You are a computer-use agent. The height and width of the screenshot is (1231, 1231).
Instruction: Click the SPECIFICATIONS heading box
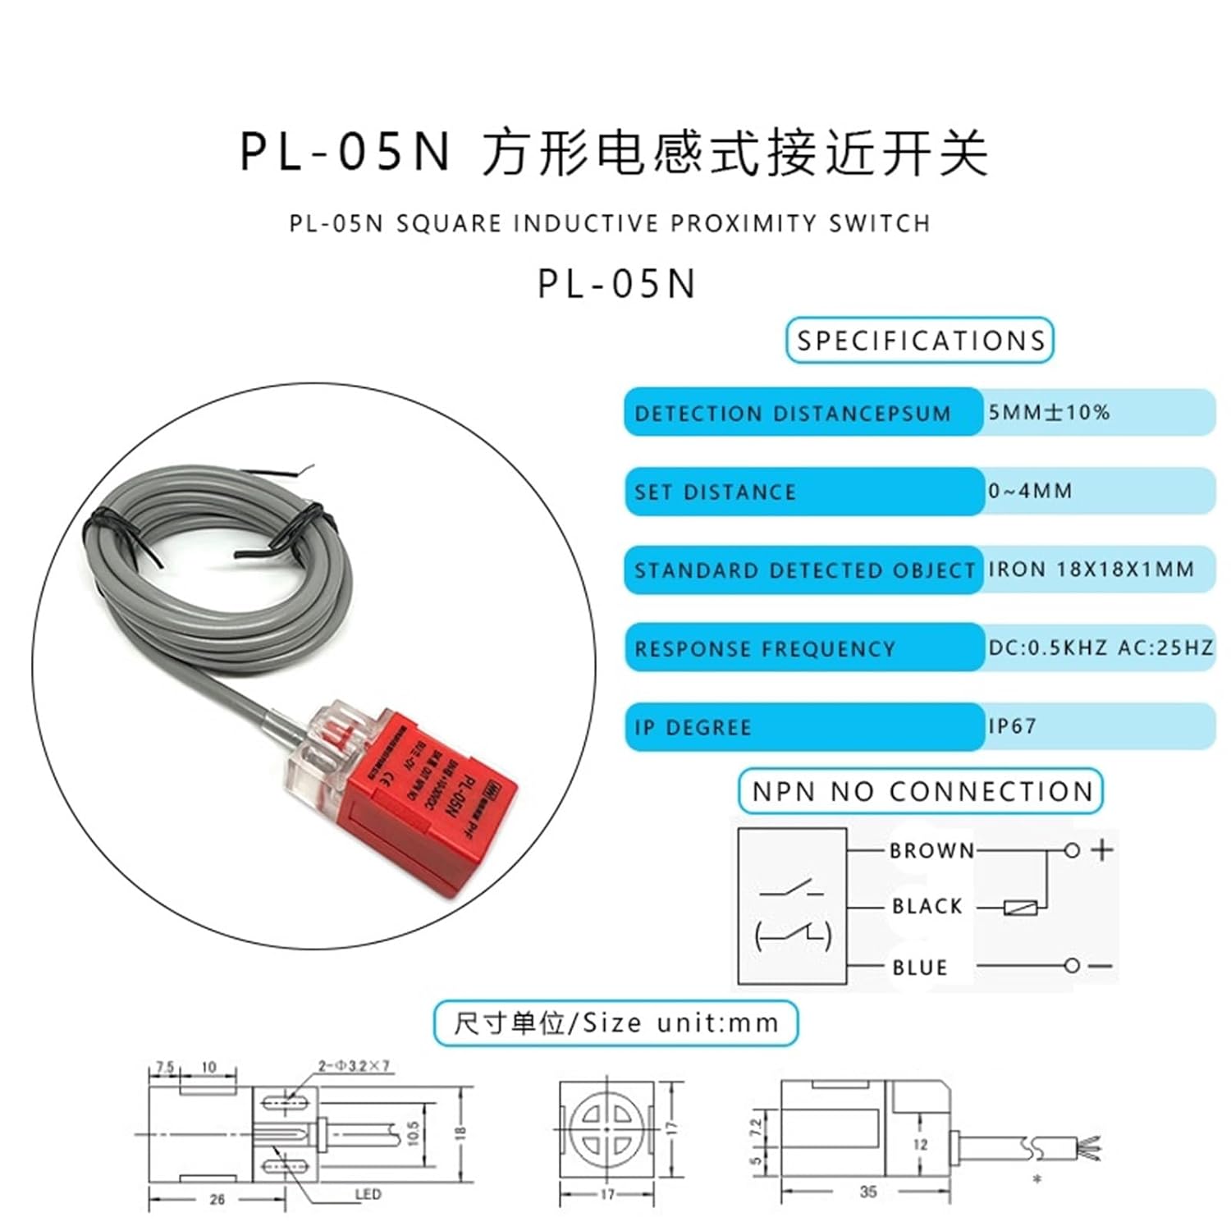tap(919, 341)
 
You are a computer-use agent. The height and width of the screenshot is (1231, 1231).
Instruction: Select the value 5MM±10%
tap(1049, 412)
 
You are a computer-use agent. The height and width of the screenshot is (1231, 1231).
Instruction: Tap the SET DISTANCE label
tap(715, 492)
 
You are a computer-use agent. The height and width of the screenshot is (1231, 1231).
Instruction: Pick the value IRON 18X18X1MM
tap(1091, 570)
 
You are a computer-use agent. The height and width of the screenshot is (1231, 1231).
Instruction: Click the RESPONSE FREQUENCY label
tap(764, 649)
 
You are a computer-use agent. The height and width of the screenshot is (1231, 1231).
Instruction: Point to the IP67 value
tap(1012, 726)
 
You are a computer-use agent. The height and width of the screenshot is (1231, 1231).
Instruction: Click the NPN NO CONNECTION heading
tap(921, 792)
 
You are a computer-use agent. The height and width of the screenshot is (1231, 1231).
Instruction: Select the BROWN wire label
tap(931, 851)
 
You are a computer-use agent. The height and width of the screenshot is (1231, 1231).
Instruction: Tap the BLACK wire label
tap(927, 907)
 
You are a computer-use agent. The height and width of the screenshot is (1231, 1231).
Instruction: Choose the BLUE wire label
tap(919, 968)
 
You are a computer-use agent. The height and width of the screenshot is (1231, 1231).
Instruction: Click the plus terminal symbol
tap(1102, 849)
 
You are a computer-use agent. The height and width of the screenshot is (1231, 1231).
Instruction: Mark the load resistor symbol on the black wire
tap(1021, 908)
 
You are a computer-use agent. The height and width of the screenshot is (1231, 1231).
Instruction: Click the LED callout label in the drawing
tap(368, 1194)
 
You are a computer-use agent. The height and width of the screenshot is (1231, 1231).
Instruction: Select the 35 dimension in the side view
tap(867, 1192)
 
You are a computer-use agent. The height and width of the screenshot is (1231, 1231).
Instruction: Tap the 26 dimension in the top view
tap(217, 1199)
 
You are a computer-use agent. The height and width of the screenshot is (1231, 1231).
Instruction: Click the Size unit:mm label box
tap(615, 1023)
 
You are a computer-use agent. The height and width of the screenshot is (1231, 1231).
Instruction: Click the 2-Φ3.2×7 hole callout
tap(354, 1066)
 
